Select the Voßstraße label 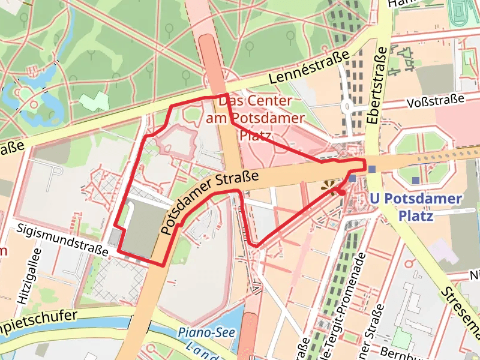pos(436,100)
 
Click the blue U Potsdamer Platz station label pos(416,206)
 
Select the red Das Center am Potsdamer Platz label pos(256,118)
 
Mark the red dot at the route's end pos(341,193)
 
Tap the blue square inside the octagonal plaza pos(416,180)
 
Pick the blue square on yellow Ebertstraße pos(373,169)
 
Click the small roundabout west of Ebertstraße pos(347,108)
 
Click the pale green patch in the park pos(94,101)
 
